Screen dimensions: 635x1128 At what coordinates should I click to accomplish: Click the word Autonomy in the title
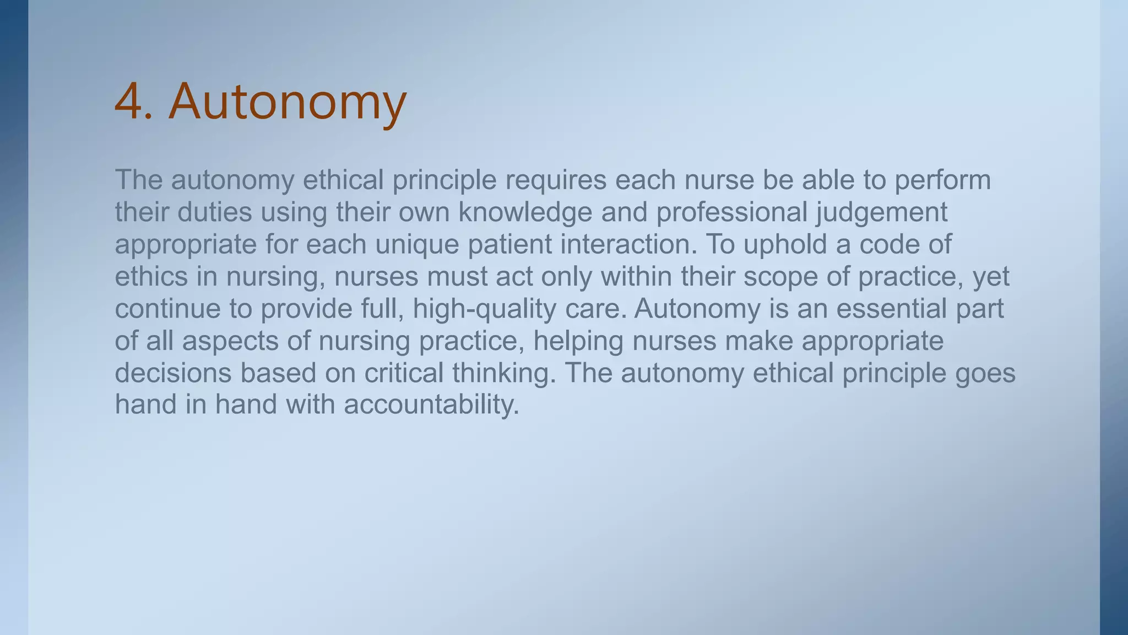(x=288, y=102)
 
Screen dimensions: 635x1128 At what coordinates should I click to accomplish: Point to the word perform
(x=942, y=180)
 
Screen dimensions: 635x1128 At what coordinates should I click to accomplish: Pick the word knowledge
(x=525, y=212)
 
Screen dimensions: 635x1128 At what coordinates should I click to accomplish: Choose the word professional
(x=731, y=212)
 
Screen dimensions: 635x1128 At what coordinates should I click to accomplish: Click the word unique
(x=417, y=244)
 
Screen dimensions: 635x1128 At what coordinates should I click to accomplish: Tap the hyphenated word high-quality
(x=484, y=309)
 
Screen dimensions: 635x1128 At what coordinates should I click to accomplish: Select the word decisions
(x=173, y=373)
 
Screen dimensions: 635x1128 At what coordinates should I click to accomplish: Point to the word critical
(x=404, y=373)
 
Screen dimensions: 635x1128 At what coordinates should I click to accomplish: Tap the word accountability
(x=431, y=405)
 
